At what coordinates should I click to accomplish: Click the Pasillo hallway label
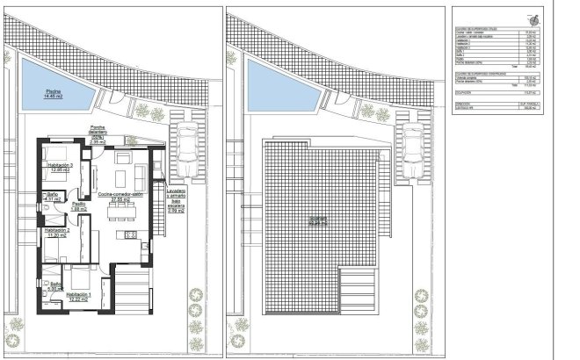[x=78, y=205]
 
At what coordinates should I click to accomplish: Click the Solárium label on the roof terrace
[x=317, y=222]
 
